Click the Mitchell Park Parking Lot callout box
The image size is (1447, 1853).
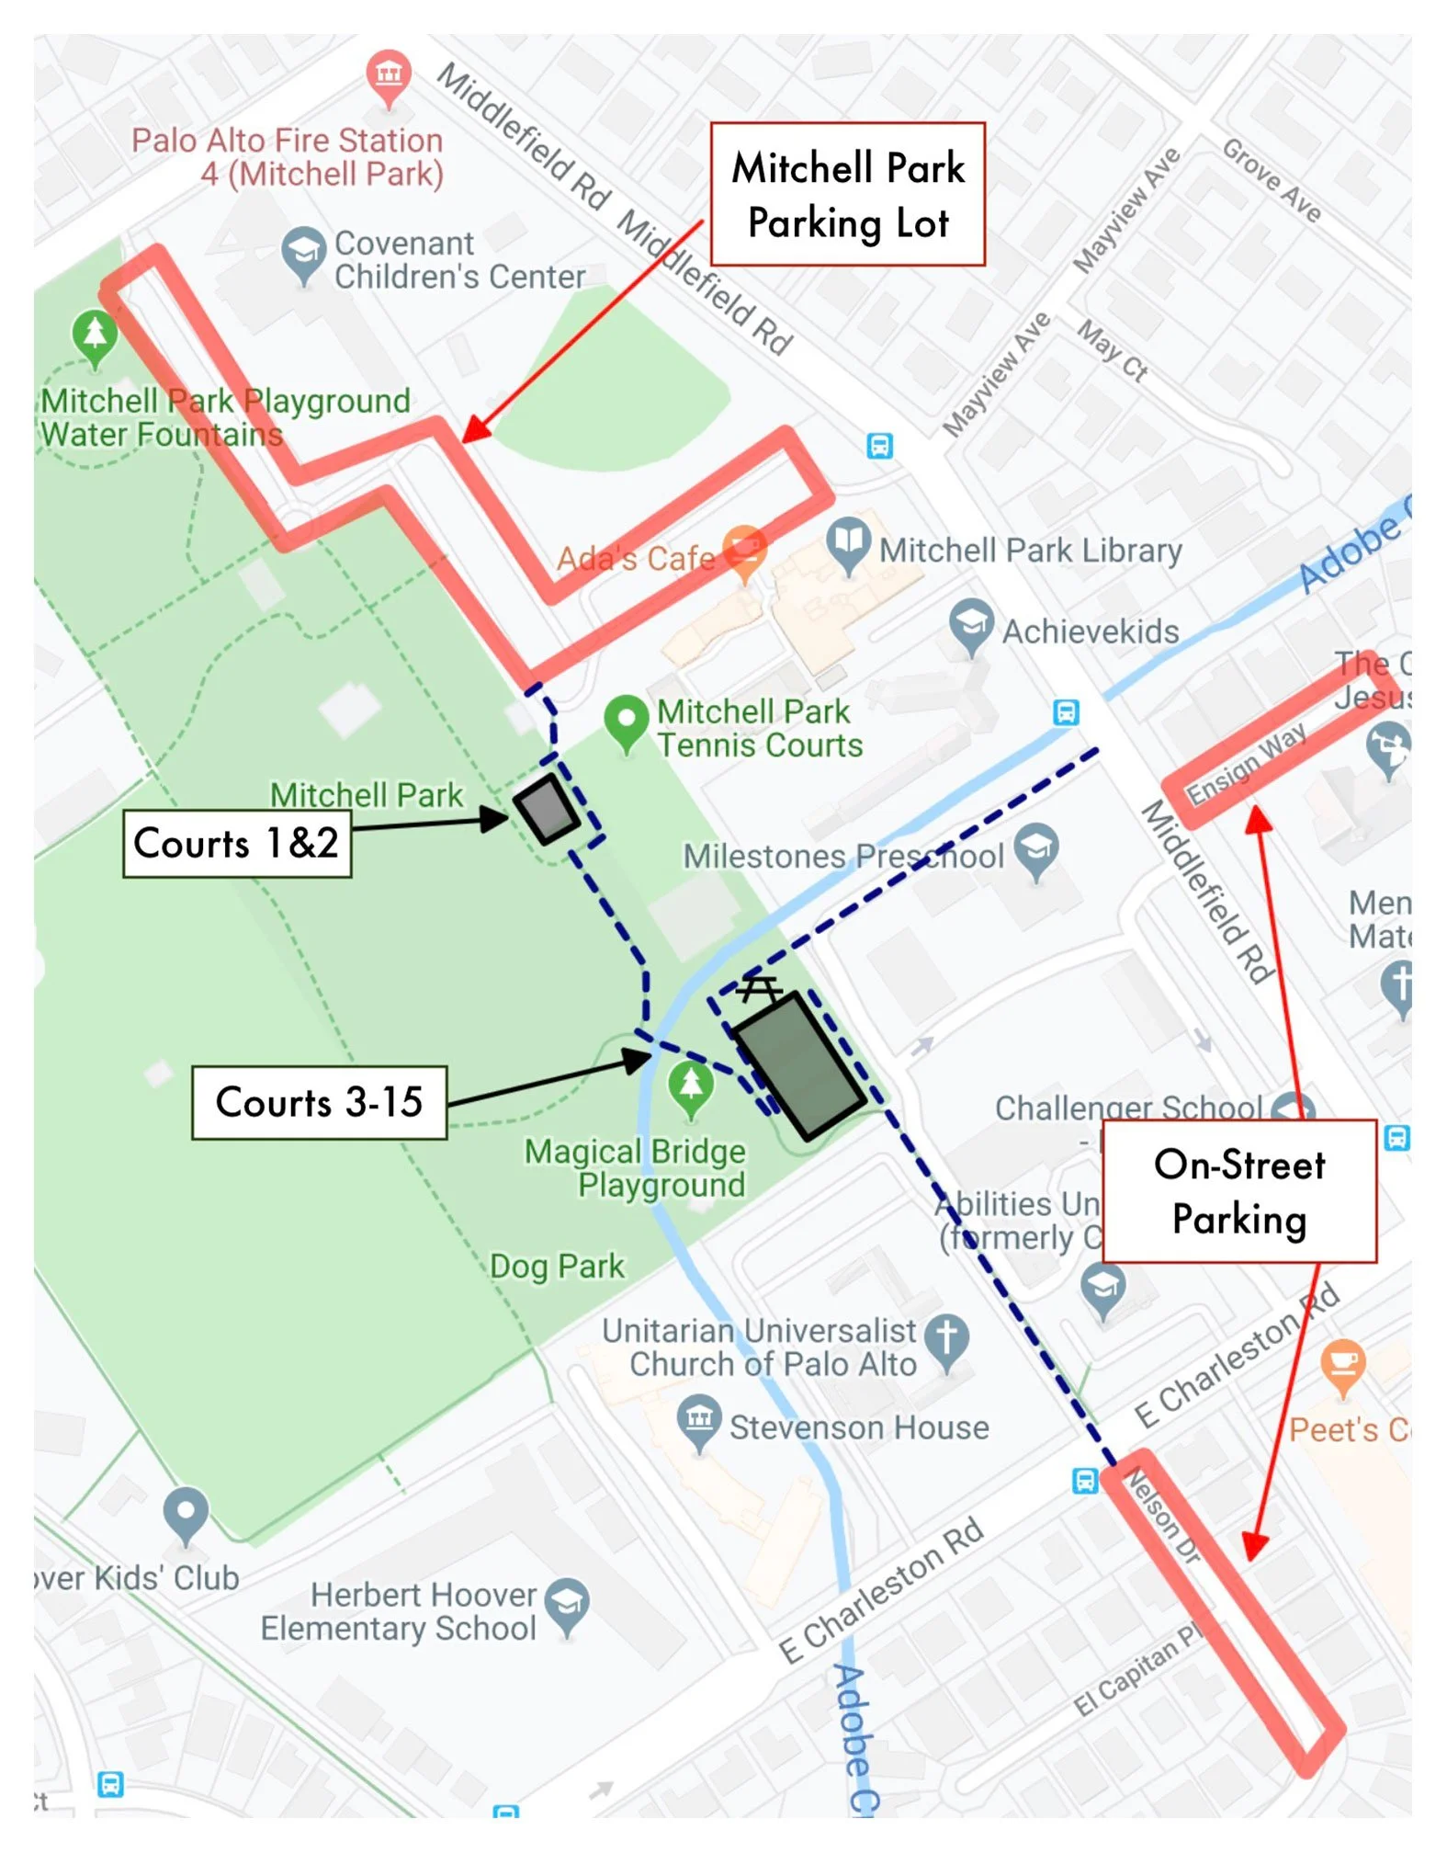(847, 194)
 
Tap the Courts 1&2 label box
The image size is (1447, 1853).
(237, 843)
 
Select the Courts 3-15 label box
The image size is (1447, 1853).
(319, 1102)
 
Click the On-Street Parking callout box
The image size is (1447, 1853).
(1238, 1191)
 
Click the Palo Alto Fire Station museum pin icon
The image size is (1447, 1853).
(389, 74)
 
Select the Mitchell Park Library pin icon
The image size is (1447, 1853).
(847, 543)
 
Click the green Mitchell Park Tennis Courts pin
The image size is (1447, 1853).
(627, 720)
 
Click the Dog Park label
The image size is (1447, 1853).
(557, 1267)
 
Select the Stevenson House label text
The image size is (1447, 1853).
(859, 1427)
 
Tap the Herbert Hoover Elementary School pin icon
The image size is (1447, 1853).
(567, 1604)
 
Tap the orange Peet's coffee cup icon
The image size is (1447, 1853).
(1342, 1364)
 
